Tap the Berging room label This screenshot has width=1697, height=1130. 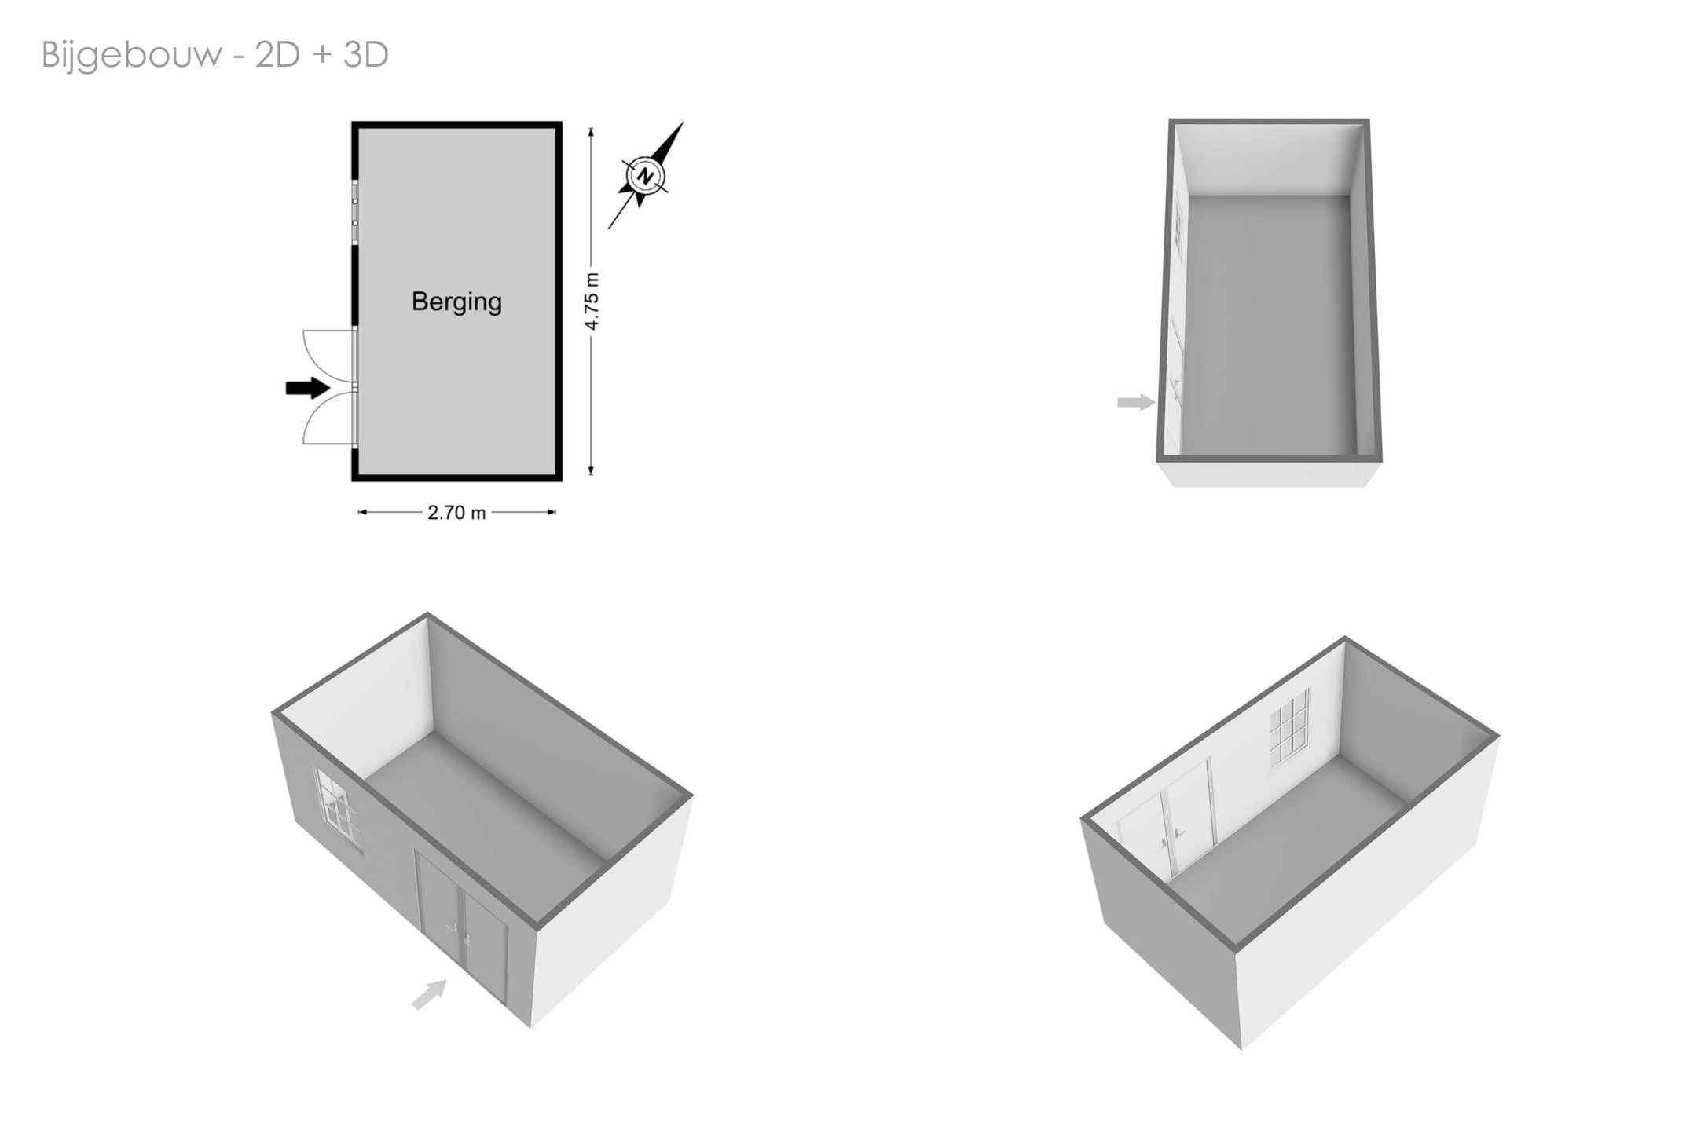point(456,302)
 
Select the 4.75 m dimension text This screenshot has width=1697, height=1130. point(592,302)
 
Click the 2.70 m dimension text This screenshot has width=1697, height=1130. point(456,513)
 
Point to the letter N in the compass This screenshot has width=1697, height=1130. point(645,176)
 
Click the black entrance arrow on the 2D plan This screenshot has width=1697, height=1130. point(307,387)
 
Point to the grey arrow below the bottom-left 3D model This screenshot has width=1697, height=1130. point(429,994)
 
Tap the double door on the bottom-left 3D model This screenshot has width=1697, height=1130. point(462,931)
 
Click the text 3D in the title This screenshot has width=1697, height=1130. point(366,55)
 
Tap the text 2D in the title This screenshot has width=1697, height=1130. point(277,55)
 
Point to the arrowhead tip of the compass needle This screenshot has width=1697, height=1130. point(683,123)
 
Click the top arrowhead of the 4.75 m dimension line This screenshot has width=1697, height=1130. point(591,131)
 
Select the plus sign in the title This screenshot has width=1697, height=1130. point(322,57)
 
